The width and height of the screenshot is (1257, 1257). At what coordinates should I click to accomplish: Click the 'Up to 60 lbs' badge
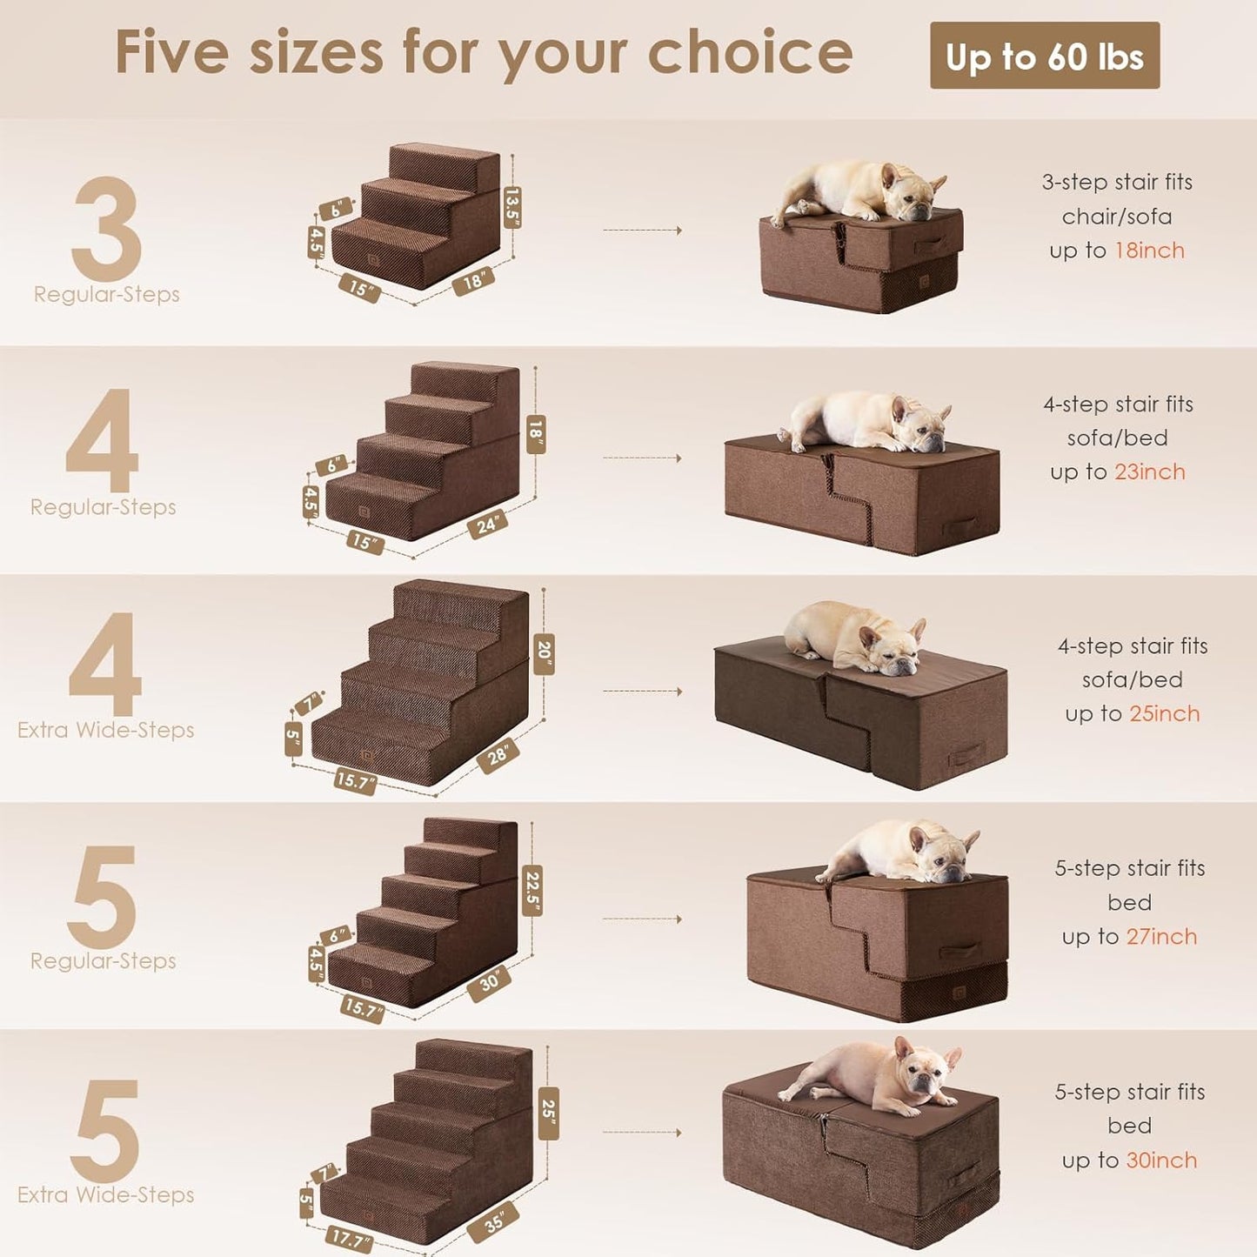point(1044,56)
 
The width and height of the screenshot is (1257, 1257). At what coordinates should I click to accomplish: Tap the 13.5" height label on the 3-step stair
point(512,207)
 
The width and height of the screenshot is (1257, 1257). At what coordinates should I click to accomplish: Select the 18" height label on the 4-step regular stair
point(535,433)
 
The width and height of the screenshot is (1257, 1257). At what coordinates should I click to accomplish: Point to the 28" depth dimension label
point(498,755)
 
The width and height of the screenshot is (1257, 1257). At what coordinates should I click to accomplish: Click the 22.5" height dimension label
point(532,891)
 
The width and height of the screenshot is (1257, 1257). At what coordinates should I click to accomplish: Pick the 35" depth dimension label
point(492,1222)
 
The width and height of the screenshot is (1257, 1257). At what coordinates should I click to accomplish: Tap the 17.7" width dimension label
point(350,1240)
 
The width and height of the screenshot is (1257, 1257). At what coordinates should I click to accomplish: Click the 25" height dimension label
point(548,1112)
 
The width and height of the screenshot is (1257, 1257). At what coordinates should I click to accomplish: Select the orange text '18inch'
point(1149,251)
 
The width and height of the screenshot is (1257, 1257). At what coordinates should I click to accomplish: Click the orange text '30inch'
point(1161,1160)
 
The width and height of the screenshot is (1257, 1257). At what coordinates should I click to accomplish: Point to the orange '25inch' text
point(1164,713)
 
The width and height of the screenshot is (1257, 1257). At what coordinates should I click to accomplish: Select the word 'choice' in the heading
point(750,52)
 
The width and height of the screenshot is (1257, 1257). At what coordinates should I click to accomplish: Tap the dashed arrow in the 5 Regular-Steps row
point(642,919)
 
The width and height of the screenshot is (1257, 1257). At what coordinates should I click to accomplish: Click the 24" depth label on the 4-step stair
point(486,525)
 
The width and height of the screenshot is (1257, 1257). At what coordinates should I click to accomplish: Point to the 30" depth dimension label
point(489,982)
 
